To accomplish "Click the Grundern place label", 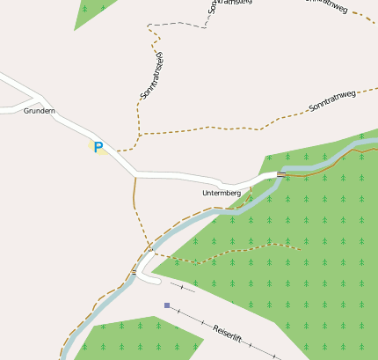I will click(40, 111).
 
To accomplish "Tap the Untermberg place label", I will click(221, 193).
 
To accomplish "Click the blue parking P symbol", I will click(98, 148).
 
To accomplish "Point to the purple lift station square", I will click(166, 305).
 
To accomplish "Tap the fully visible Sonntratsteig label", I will click(152, 75).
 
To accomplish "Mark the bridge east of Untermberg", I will click(281, 174).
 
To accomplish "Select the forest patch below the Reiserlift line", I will click(141, 338).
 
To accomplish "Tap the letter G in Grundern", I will click(26, 111).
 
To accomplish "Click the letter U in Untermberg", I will click(204, 193).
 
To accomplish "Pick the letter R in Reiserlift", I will click(216, 323).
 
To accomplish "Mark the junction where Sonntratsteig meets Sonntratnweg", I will click(139, 135).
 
